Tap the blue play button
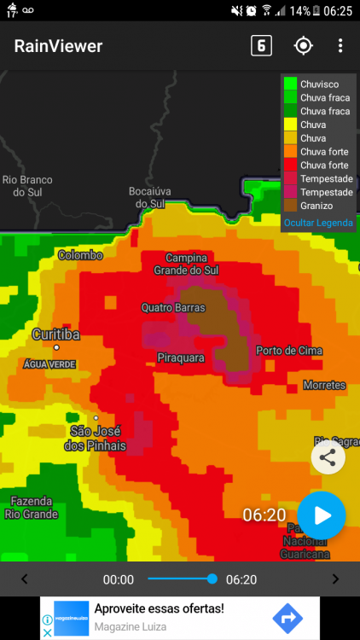tap(322, 515)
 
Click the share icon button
tap(328, 457)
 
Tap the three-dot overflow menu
tap(340, 46)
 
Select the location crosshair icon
tap(303, 46)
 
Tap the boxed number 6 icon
tap(261, 46)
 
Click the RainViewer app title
tap(58, 46)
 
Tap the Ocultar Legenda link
tap(317, 223)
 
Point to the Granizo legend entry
tap(316, 206)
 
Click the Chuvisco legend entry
tap(319, 84)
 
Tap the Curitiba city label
tap(55, 335)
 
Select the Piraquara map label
tap(181, 358)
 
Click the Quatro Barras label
tap(174, 307)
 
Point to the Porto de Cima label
tap(288, 351)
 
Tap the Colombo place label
tap(80, 255)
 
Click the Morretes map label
tap(324, 386)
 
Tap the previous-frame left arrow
tap(24, 579)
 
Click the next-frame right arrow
tap(335, 579)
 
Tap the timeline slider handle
tap(212, 579)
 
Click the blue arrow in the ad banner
tap(287, 618)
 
